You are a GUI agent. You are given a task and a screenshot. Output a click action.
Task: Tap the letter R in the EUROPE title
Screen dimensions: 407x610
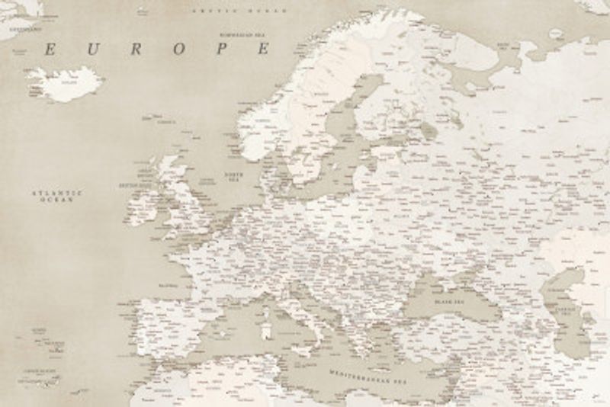(136, 50)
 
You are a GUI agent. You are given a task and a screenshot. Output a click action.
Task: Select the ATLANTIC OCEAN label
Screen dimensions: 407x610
(56, 196)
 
